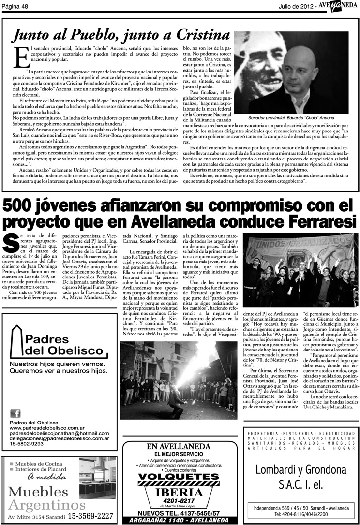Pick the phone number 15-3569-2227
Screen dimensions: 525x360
pos(91,516)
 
